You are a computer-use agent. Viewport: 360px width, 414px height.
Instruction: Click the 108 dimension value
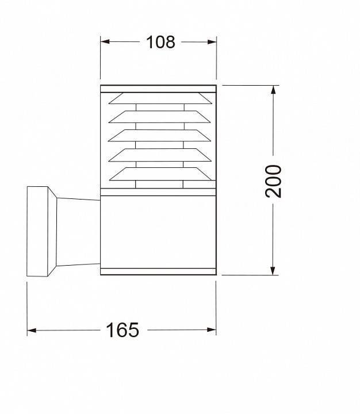click(x=160, y=42)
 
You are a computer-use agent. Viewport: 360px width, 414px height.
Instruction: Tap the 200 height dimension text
click(x=273, y=181)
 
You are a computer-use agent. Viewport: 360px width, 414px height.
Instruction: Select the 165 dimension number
click(x=122, y=330)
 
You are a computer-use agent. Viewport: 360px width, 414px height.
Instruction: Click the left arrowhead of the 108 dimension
click(x=105, y=42)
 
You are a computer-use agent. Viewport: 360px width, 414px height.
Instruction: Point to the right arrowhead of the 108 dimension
click(x=212, y=42)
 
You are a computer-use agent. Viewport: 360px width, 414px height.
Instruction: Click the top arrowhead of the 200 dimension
click(x=273, y=90)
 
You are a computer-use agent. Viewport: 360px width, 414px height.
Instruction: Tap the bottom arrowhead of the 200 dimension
click(x=273, y=271)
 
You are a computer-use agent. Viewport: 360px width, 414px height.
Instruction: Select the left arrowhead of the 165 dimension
click(x=32, y=330)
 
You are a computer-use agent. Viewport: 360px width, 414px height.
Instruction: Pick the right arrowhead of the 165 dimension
click(x=212, y=330)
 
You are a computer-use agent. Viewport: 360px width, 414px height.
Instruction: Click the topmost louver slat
click(x=160, y=98)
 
